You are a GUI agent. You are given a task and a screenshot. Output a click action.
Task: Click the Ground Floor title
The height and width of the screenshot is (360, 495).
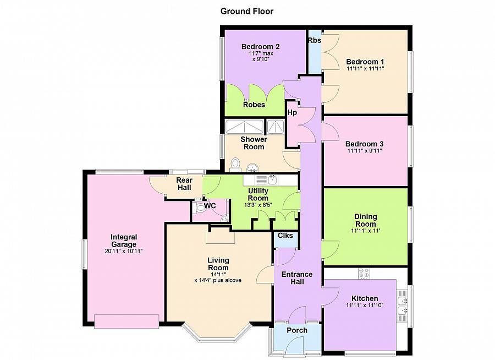coord(247,12)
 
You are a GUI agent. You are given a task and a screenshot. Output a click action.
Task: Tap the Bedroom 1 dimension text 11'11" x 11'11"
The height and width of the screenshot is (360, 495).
coord(365,69)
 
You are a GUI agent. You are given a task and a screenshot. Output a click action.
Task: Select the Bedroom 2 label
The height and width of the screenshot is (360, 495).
coord(261,46)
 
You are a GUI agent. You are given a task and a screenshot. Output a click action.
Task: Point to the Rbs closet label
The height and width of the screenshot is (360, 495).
coord(315,40)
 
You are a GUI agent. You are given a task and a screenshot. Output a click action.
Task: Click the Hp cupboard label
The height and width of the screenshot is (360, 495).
coord(292,112)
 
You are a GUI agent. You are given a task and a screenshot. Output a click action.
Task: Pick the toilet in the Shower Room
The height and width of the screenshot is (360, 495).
coord(235,165)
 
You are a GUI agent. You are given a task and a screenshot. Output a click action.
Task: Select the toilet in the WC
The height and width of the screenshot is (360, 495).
coord(199,208)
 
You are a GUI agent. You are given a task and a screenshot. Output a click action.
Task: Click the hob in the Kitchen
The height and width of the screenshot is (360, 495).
coord(364,274)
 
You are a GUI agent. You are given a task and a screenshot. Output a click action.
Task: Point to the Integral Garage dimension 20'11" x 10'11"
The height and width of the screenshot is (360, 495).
coord(124,251)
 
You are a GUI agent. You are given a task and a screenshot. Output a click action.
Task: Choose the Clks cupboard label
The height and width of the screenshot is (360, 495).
coord(285,236)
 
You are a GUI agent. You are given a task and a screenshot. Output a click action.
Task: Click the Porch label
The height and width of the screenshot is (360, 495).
coord(297,330)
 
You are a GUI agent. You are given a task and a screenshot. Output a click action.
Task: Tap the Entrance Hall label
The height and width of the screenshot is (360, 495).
coord(297,278)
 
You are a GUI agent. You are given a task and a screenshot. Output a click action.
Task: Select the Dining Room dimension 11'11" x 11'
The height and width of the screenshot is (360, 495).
coord(366,231)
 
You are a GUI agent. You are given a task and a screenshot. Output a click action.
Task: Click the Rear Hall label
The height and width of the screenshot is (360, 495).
coord(184,184)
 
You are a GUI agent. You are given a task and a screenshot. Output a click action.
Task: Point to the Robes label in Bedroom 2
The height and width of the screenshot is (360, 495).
coord(254,105)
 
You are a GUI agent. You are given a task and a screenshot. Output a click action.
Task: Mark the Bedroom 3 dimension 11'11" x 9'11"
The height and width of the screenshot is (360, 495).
coord(365,151)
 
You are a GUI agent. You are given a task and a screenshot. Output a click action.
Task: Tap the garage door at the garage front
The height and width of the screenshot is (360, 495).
coord(127,321)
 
